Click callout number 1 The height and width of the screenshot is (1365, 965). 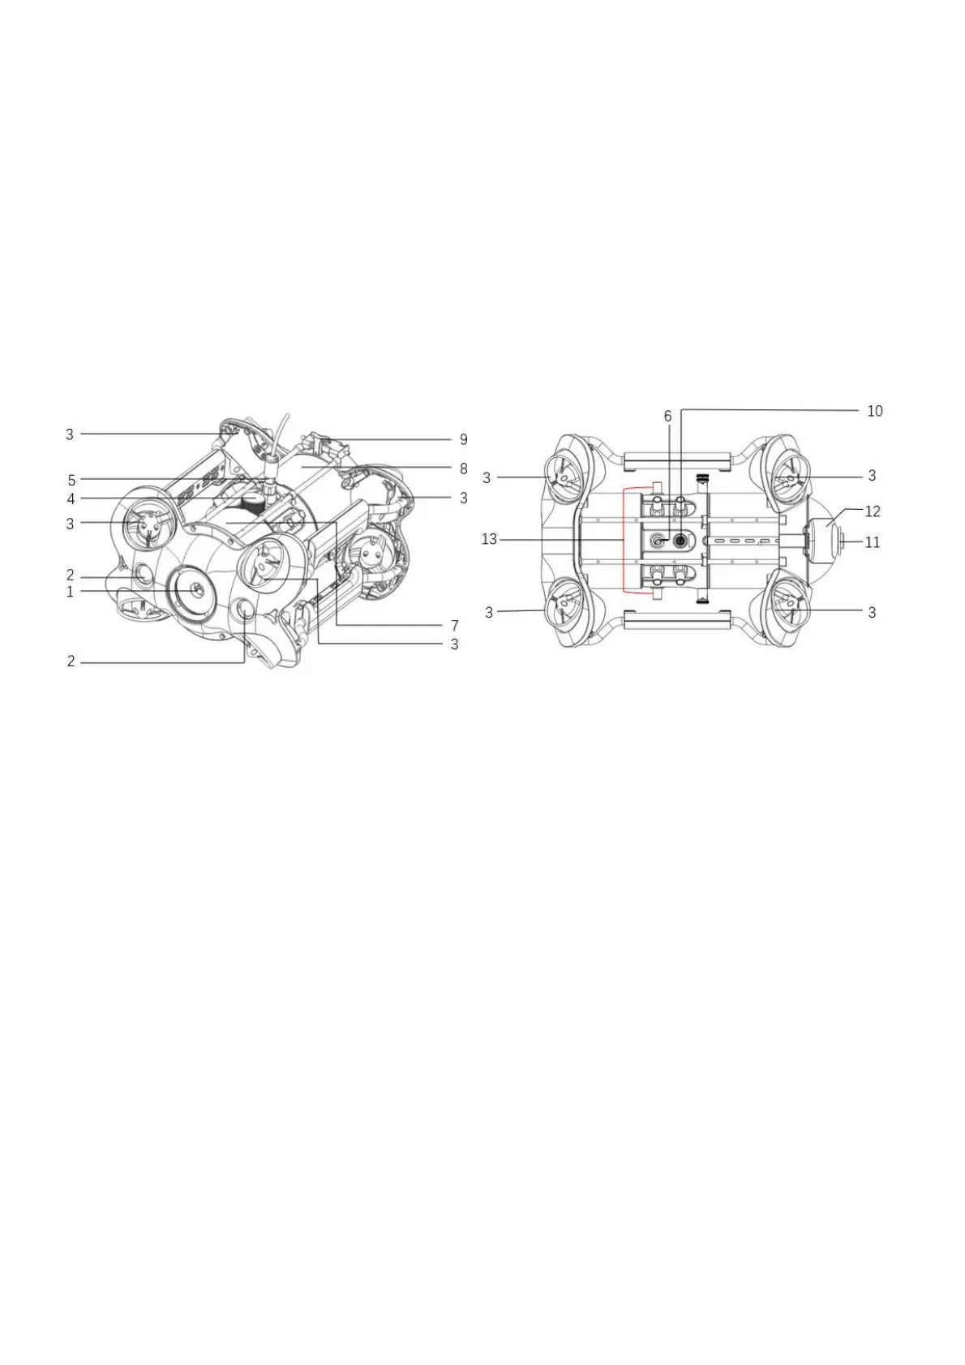click(70, 592)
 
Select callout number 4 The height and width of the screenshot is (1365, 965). click(71, 499)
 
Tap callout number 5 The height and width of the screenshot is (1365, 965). click(71, 480)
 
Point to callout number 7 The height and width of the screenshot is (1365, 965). click(455, 625)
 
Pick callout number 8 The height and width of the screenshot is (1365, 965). click(463, 469)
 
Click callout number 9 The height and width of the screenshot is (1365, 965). click(463, 439)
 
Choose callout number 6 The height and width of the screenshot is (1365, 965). click(667, 416)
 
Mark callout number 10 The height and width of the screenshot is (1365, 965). click(875, 411)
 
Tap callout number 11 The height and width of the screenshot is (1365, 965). click(873, 541)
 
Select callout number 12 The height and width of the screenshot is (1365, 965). click(873, 511)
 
